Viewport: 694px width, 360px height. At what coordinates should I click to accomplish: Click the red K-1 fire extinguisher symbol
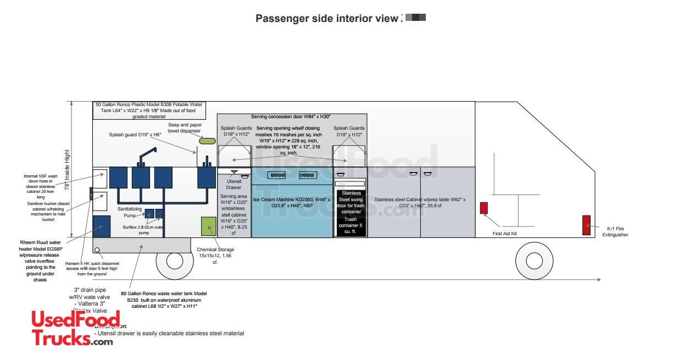point(586,225)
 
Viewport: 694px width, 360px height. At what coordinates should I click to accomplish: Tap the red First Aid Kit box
point(484,208)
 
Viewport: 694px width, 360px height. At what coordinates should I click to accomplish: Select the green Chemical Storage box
point(209,226)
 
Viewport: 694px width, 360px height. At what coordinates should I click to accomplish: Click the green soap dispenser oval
point(207,141)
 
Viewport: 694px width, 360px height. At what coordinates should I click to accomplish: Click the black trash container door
point(350,209)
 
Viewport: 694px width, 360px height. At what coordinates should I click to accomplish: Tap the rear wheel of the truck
point(175,261)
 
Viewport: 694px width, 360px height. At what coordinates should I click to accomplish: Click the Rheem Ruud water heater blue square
point(102,226)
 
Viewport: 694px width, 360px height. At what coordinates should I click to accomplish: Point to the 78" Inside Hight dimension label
point(68,170)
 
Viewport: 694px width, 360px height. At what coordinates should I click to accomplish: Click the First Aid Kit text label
point(504,234)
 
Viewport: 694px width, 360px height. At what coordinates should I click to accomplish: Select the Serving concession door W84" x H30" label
point(291,117)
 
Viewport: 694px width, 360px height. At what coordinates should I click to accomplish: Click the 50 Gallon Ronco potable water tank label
point(149,110)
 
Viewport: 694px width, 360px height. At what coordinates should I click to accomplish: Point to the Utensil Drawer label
point(234,184)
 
